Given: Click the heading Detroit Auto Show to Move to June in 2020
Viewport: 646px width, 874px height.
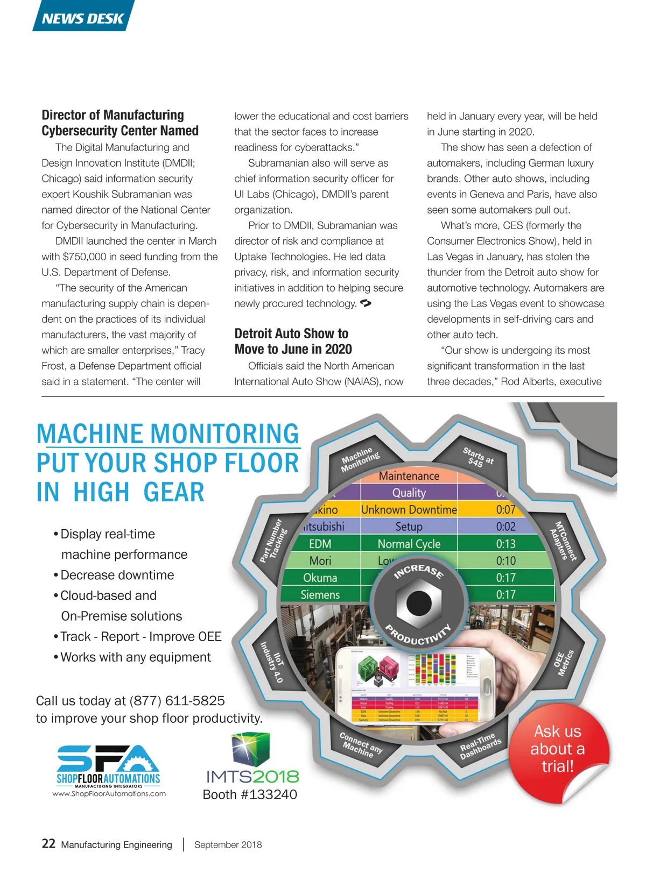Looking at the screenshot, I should click(x=293, y=341).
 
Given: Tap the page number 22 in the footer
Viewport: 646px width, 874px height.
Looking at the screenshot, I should click(x=48, y=843).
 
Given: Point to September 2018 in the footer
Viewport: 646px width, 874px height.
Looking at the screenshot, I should click(x=228, y=844).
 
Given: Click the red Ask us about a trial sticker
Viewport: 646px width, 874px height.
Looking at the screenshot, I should click(x=558, y=749).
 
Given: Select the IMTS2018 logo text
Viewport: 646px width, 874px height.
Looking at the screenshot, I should click(x=252, y=776).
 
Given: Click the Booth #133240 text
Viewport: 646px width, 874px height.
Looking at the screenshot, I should click(x=250, y=794).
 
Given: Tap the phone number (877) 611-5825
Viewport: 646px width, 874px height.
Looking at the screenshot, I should click(x=177, y=700).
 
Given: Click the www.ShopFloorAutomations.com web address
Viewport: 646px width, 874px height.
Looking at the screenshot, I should click(x=109, y=793).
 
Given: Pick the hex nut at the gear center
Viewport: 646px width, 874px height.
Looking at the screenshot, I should click(x=418, y=603).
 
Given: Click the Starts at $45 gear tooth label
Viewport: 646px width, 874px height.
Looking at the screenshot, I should click(x=478, y=457).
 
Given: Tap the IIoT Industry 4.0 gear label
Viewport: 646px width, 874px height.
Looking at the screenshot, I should click(x=273, y=661).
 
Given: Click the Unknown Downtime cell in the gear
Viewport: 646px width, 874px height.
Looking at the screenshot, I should click(x=409, y=509).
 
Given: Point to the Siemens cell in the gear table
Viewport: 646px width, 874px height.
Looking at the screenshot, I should click(x=320, y=594).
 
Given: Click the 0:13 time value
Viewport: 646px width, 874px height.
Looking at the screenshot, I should click(x=505, y=544).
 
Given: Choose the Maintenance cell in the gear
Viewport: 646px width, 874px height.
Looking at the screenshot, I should click(x=409, y=476).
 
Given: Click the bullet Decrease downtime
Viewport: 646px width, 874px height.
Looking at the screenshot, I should click(x=117, y=575).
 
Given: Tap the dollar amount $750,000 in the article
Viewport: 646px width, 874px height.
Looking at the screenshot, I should click(x=85, y=257).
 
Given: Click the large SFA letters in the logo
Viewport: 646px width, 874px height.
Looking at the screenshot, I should click(x=108, y=758).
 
